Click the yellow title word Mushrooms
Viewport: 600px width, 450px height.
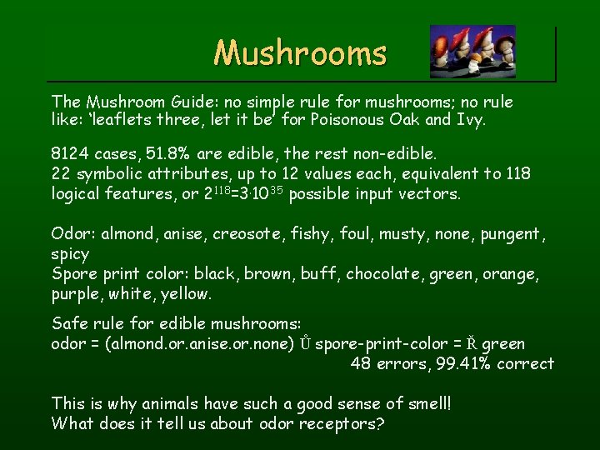[x=300, y=53]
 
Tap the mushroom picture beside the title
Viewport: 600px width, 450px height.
[x=472, y=51]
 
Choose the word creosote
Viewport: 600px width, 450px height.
[x=249, y=235]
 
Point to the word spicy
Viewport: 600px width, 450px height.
[x=70, y=253]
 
